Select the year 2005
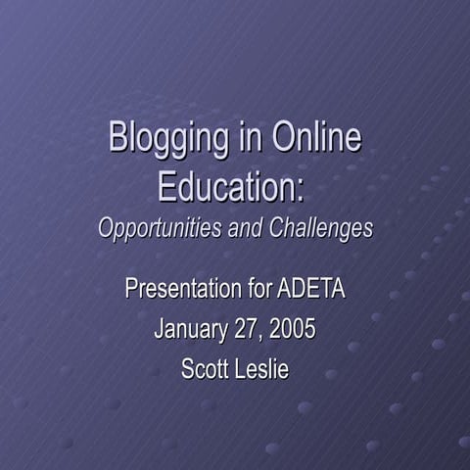292,329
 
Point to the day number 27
244,329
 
